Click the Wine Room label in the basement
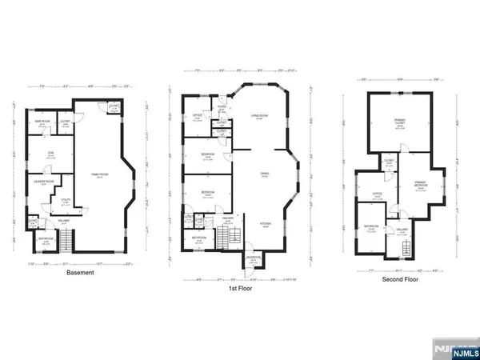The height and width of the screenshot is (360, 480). click(x=38, y=122)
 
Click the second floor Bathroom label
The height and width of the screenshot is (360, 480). click(x=370, y=226)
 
